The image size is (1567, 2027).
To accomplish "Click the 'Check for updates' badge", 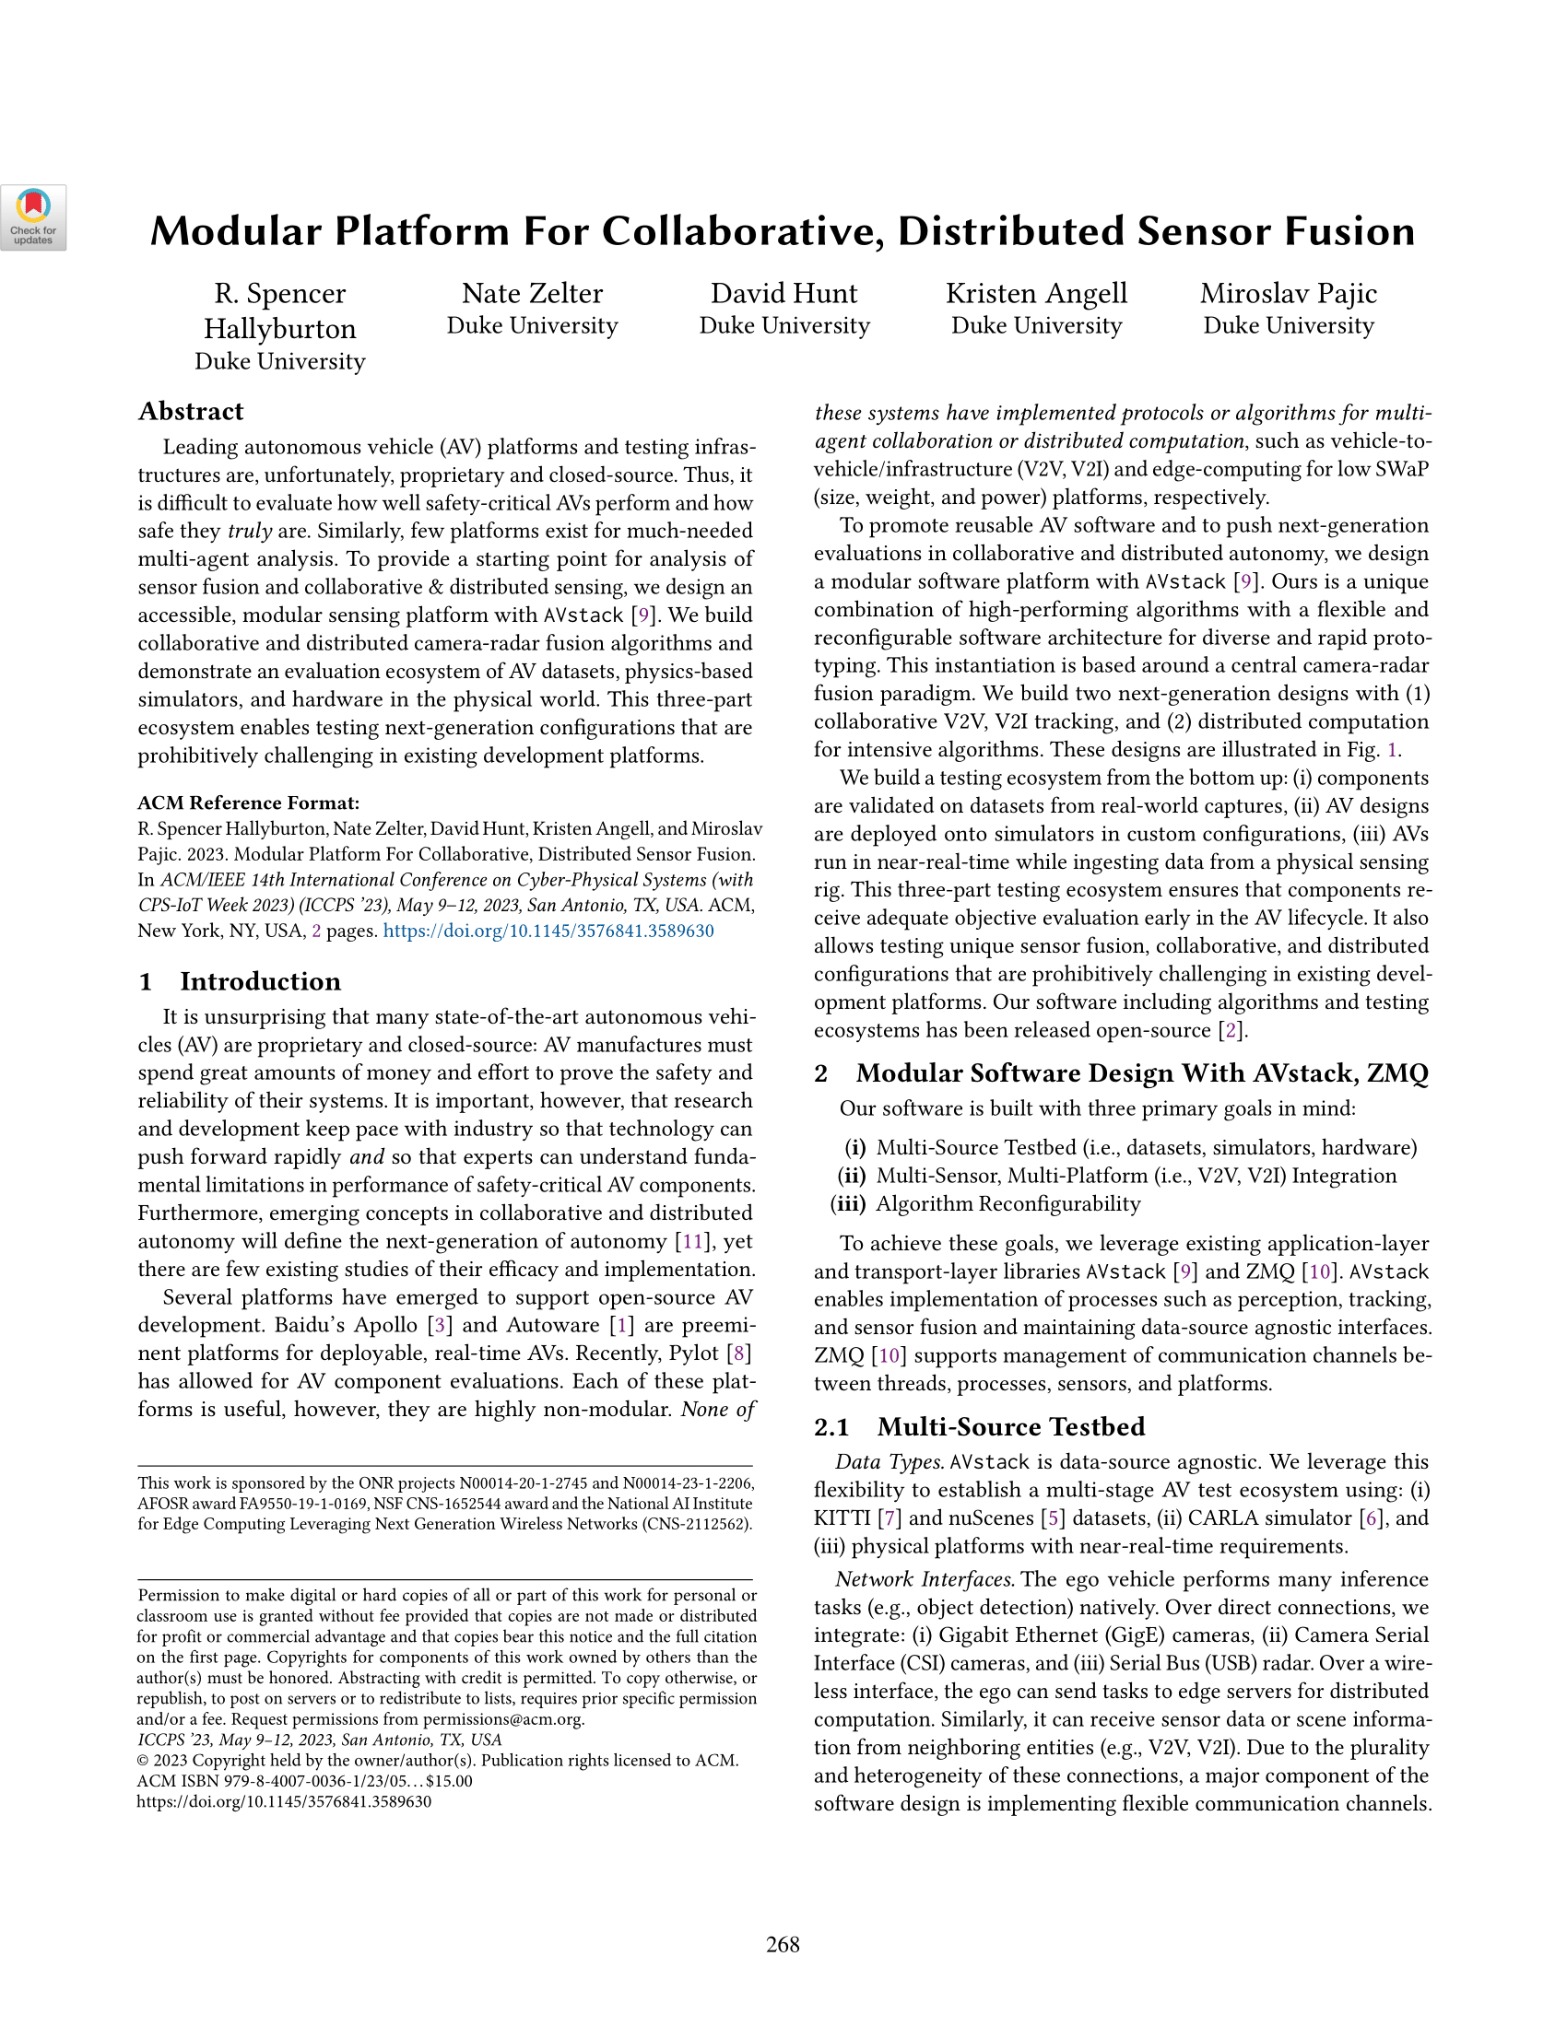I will pyautogui.click(x=33, y=218).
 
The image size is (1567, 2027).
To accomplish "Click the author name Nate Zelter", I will pyautogui.click(x=532, y=293).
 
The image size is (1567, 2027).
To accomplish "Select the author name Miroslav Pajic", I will pyautogui.click(x=1288, y=293).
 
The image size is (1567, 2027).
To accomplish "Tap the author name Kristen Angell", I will pyautogui.click(x=1036, y=293).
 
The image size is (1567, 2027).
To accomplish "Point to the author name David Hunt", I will pyautogui.click(x=783, y=293).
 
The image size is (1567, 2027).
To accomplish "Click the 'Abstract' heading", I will pyautogui.click(x=190, y=411).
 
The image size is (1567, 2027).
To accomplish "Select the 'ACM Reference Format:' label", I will pyautogui.click(x=248, y=803).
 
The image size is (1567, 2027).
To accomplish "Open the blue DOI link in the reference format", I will pyautogui.click(x=548, y=931).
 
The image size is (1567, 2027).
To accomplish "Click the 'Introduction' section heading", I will pyautogui.click(x=260, y=981).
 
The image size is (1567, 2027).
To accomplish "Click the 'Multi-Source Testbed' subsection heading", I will pyautogui.click(x=1010, y=1426).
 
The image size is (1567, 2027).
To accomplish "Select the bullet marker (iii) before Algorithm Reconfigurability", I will pyautogui.click(x=846, y=1204).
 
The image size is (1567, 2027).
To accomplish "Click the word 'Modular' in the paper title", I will pyautogui.click(x=237, y=231).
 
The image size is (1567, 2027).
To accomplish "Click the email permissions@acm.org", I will pyautogui.click(x=503, y=1719).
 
